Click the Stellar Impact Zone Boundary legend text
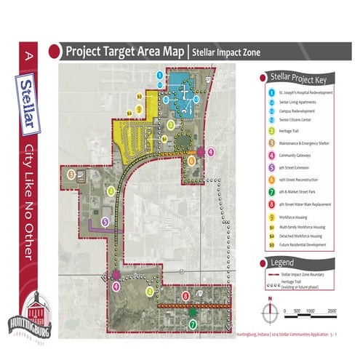302,276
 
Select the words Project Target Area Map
124,52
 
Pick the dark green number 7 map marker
192,324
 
